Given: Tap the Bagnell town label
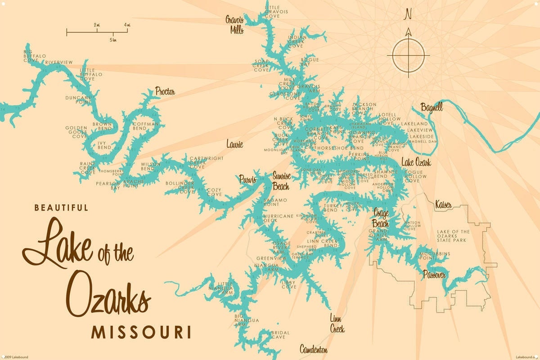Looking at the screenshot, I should [432, 108].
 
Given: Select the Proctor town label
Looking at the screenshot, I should [165, 92].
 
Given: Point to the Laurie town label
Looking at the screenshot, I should [234, 144].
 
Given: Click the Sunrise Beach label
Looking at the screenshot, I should [281, 180].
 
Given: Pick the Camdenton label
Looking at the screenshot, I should [314, 349].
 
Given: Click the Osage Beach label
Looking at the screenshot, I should [381, 217].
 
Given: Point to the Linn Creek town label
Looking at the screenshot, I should [337, 323].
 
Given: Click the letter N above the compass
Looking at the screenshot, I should [408, 14].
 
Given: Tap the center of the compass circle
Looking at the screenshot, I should [409, 55].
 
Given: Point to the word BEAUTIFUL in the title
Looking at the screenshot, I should [61, 207].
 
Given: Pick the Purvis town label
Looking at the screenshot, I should [247, 179].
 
